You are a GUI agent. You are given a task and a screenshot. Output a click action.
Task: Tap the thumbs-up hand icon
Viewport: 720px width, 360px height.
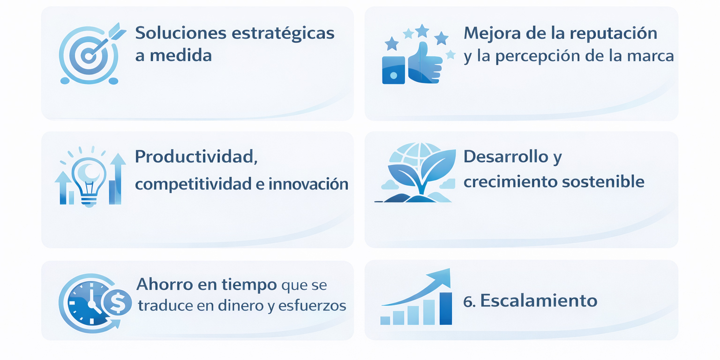click(424, 63)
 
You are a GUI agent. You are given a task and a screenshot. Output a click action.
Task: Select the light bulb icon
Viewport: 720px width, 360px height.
click(89, 180)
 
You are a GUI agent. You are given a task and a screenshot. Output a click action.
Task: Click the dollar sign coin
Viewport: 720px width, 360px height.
click(117, 302)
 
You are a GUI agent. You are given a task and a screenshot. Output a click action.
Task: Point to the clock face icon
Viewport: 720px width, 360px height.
click(90, 302)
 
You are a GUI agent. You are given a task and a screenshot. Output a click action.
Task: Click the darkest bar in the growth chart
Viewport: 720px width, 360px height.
click(445, 308)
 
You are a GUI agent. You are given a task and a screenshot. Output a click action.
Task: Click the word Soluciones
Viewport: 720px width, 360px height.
click(180, 33)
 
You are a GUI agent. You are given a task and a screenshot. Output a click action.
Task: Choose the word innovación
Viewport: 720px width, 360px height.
click(308, 184)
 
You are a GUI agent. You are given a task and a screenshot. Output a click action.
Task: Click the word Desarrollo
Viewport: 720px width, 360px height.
click(506, 157)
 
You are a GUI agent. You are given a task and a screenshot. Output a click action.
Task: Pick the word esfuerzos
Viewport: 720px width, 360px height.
click(312, 305)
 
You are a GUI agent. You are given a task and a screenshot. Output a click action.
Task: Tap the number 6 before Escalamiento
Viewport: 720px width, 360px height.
click(468, 301)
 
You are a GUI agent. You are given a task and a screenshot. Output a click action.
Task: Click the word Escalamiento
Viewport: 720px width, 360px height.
click(539, 301)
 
